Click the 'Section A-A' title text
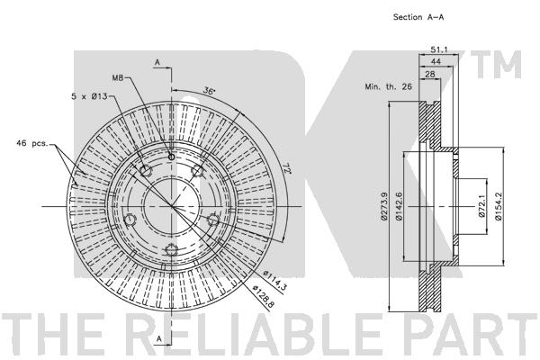pos(418,17)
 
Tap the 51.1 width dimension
pos(439,50)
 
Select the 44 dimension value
pos(436,62)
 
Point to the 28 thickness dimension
pos(430,74)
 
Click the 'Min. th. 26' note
pos(388,86)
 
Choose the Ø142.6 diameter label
pos(399,206)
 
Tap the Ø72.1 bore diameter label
pos(481,206)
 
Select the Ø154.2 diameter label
pos(498,206)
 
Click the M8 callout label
pos(117,78)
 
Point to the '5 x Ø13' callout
pos(89,96)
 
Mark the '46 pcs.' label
pos(32,143)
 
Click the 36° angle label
pos(209,91)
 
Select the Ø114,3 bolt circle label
pos(274,282)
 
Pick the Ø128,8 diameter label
pos(264,295)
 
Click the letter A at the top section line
pos(157,62)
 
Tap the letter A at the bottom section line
pos(158,339)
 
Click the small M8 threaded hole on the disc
pos(172,157)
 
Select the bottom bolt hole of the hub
pos(171,249)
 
